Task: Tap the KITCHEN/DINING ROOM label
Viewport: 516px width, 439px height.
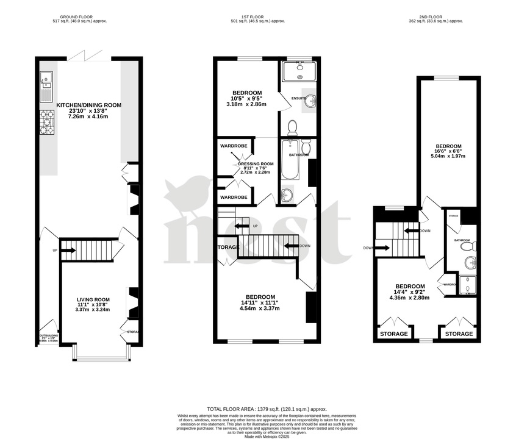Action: [89, 105]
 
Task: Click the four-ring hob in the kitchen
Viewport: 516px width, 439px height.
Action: [47, 122]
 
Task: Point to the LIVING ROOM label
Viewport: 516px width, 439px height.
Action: [93, 299]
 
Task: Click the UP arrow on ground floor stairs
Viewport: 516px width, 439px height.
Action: [67, 250]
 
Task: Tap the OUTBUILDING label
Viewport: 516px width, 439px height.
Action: [48, 335]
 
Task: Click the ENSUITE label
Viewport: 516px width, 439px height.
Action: [299, 98]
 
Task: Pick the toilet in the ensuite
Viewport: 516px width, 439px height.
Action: [292, 127]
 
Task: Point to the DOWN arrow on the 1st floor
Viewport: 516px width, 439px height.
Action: [295, 246]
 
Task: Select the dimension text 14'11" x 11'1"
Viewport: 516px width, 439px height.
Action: [261, 302]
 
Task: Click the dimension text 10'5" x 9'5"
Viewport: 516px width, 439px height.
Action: [247, 99]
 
